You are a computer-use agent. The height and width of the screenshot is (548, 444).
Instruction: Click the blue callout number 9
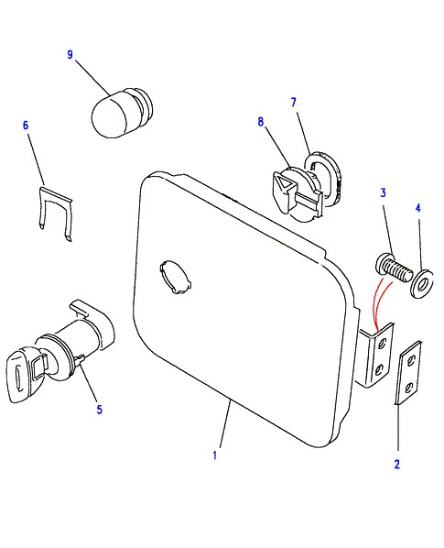point(70,55)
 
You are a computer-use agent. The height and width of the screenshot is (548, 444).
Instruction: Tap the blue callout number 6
point(26,126)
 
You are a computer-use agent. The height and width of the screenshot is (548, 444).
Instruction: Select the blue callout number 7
point(294,102)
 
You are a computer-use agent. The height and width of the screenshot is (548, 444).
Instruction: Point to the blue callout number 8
point(261,121)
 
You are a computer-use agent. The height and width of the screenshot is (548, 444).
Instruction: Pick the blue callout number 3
point(384,192)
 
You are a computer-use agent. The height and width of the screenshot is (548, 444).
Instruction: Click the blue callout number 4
point(418,208)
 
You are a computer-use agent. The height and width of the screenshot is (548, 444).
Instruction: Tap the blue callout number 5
point(100,410)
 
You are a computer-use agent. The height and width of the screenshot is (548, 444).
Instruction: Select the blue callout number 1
point(215,455)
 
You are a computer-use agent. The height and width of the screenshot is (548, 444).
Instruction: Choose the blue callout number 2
point(397,465)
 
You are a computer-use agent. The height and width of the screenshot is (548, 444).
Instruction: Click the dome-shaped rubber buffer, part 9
point(122,113)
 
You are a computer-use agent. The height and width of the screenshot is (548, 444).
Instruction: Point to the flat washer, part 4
point(422,283)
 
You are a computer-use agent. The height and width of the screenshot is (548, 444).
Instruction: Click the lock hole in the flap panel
point(176,276)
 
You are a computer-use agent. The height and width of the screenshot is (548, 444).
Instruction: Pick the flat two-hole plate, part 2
point(409,372)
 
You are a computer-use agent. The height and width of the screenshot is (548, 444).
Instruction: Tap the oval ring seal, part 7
point(323,177)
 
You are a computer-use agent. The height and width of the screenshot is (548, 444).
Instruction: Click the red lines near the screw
point(381,303)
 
